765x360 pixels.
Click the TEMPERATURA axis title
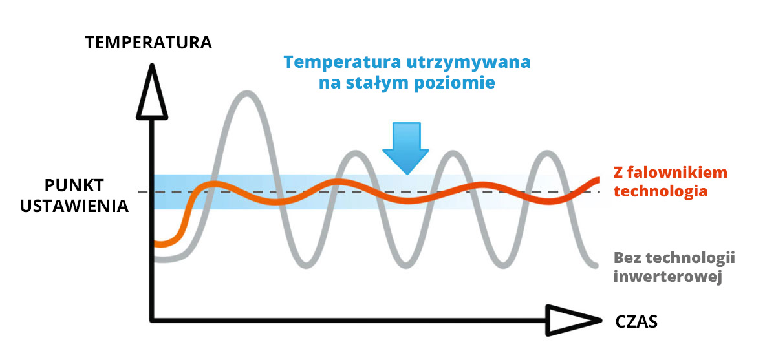(x=149, y=43)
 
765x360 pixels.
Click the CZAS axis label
(x=636, y=322)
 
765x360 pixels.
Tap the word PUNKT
(x=74, y=186)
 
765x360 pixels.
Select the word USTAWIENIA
(x=74, y=206)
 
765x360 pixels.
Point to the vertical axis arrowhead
(x=152, y=92)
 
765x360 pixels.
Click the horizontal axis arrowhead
(x=574, y=321)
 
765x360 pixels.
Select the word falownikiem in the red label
(x=676, y=172)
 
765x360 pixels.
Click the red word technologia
(x=660, y=191)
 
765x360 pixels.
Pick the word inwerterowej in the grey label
(x=668, y=276)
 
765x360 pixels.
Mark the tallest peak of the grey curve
(x=248, y=94)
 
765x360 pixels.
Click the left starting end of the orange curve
(x=156, y=243)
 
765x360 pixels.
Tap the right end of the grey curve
(x=595, y=265)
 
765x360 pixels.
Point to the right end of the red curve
(x=598, y=180)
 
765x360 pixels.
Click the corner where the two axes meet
(x=152, y=321)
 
